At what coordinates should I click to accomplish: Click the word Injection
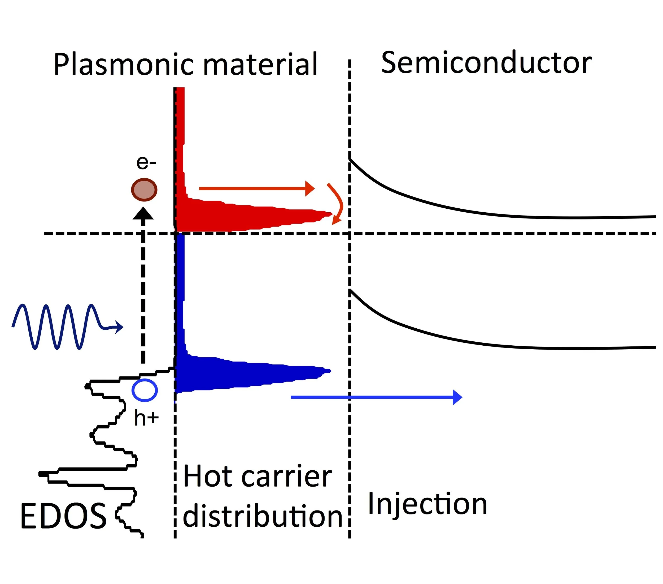coord(427,504)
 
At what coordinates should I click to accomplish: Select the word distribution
coord(263,516)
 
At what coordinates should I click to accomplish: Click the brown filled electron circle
coord(144,190)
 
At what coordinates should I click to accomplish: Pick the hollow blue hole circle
coord(145,390)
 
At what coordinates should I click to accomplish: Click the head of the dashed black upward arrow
coord(143,214)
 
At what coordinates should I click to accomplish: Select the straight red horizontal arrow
coord(256,188)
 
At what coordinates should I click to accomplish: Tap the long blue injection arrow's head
coord(457,397)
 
